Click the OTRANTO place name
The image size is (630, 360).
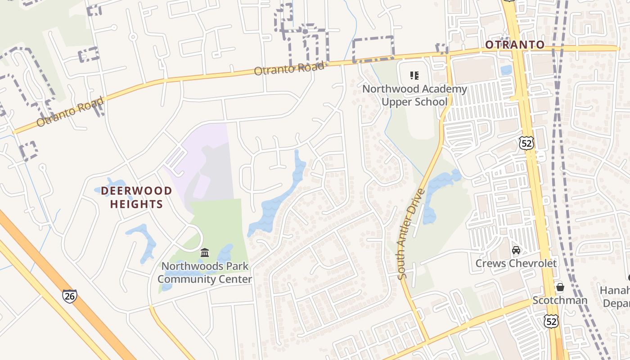[515, 45]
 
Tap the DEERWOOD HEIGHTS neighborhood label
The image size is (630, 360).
[136, 197]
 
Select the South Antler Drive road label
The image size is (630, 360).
[411, 234]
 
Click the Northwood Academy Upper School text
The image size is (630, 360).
[414, 95]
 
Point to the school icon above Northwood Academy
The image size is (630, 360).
[414, 76]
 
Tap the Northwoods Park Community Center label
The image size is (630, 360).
[205, 272]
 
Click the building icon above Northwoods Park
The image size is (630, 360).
[205, 252]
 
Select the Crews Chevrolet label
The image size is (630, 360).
[516, 263]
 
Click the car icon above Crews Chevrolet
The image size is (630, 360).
[516, 250]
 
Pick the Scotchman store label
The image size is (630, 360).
[560, 300]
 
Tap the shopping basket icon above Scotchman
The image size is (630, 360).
[560, 287]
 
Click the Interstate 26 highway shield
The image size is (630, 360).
[69, 296]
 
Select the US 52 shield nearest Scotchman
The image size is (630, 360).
[551, 321]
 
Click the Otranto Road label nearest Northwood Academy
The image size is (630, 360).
[289, 69]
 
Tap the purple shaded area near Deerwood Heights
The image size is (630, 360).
[198, 153]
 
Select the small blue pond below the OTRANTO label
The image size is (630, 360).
[506, 70]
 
